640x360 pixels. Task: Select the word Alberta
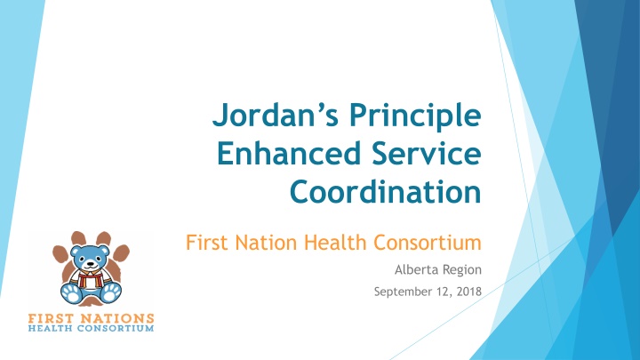(413, 269)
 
